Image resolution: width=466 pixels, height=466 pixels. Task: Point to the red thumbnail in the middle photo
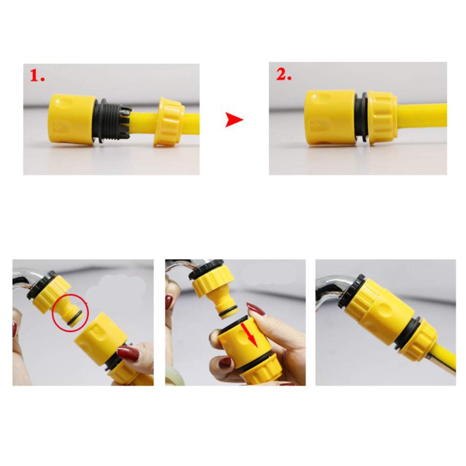[256, 308]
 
